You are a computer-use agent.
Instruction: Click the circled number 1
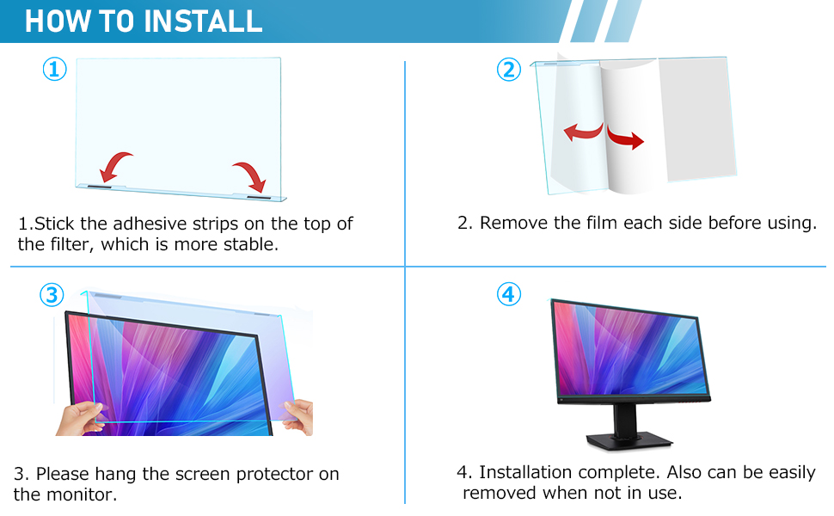click(55, 70)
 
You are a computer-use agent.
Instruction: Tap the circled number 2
click(509, 70)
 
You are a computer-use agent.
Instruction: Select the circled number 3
click(52, 295)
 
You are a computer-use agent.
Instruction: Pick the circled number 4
click(509, 295)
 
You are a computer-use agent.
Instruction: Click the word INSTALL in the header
click(203, 21)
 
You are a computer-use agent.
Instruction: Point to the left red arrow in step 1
click(116, 163)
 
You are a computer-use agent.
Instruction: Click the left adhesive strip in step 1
click(103, 187)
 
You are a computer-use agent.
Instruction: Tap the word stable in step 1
click(252, 244)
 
